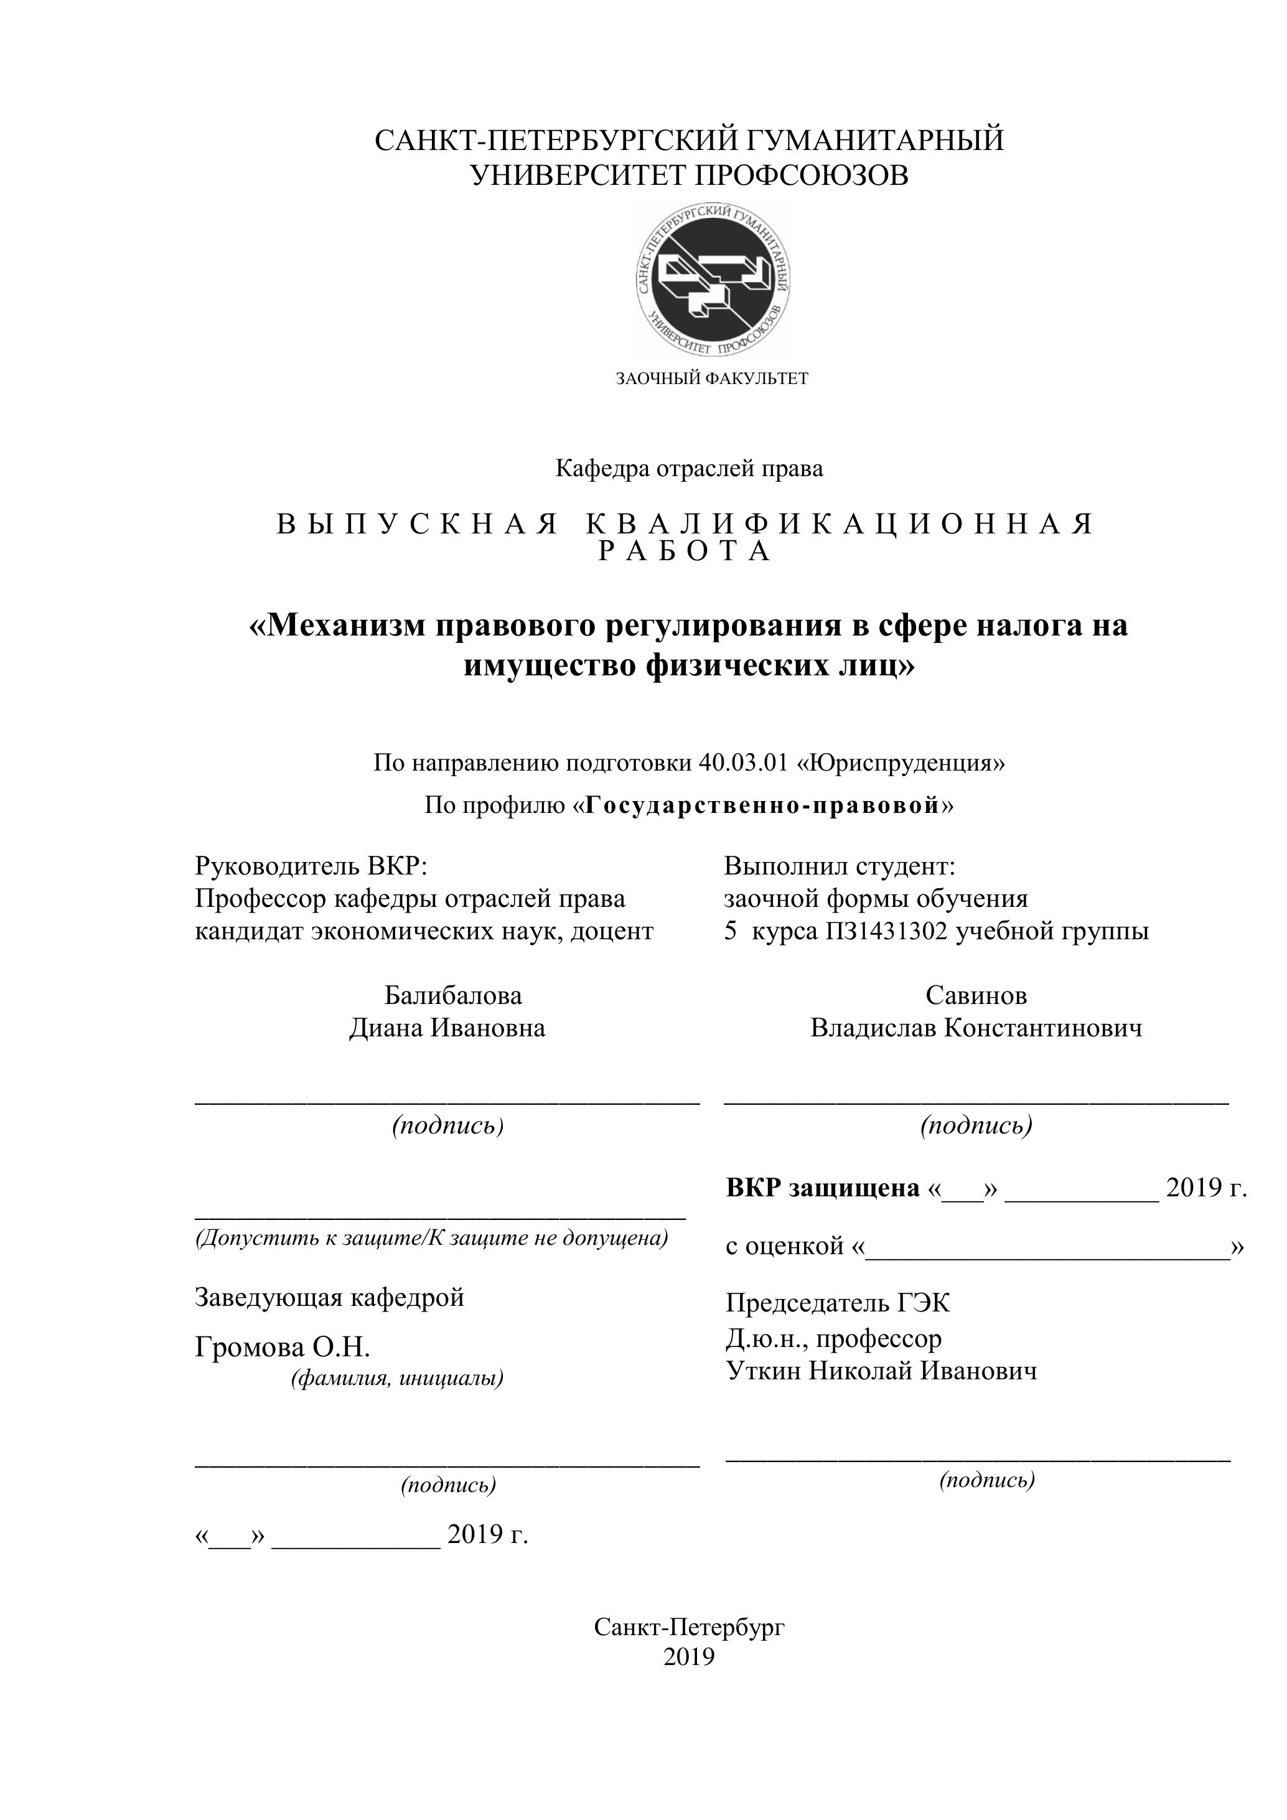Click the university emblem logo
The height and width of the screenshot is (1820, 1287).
(x=713, y=278)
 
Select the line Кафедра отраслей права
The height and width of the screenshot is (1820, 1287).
(x=689, y=469)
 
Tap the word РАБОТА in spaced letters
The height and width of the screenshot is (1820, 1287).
(x=685, y=551)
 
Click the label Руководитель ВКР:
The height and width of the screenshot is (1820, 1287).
(x=311, y=866)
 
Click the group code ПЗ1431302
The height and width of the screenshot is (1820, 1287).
(x=886, y=931)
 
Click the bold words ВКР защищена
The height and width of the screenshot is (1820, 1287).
(x=823, y=1188)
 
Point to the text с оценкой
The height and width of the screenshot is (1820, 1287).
(x=787, y=1245)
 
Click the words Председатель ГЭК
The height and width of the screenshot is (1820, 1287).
(x=838, y=1302)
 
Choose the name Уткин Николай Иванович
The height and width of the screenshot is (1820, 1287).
(x=881, y=1371)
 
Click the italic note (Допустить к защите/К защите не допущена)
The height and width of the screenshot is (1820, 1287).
(x=432, y=1237)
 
